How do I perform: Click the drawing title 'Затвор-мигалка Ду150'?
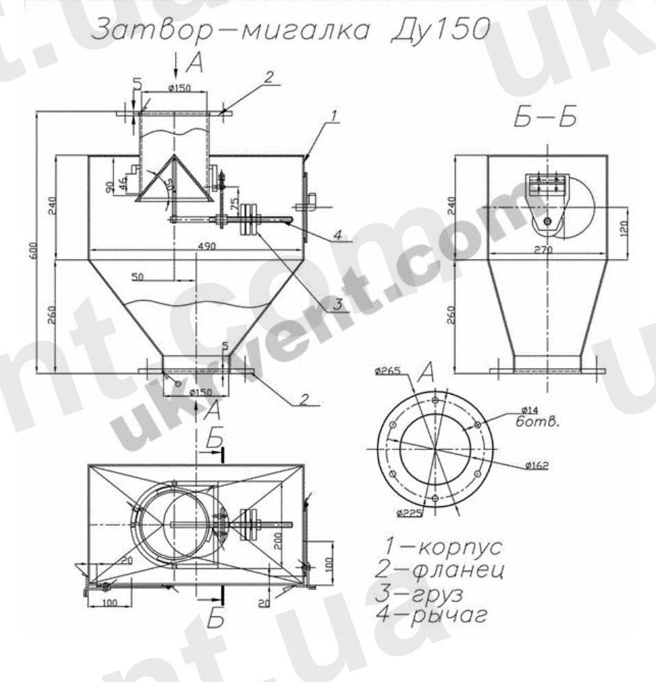[290, 30]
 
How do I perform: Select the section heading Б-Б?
[545, 118]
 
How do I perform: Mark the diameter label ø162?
[538, 466]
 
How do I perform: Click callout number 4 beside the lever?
[338, 234]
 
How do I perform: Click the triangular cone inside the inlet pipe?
[172, 181]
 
